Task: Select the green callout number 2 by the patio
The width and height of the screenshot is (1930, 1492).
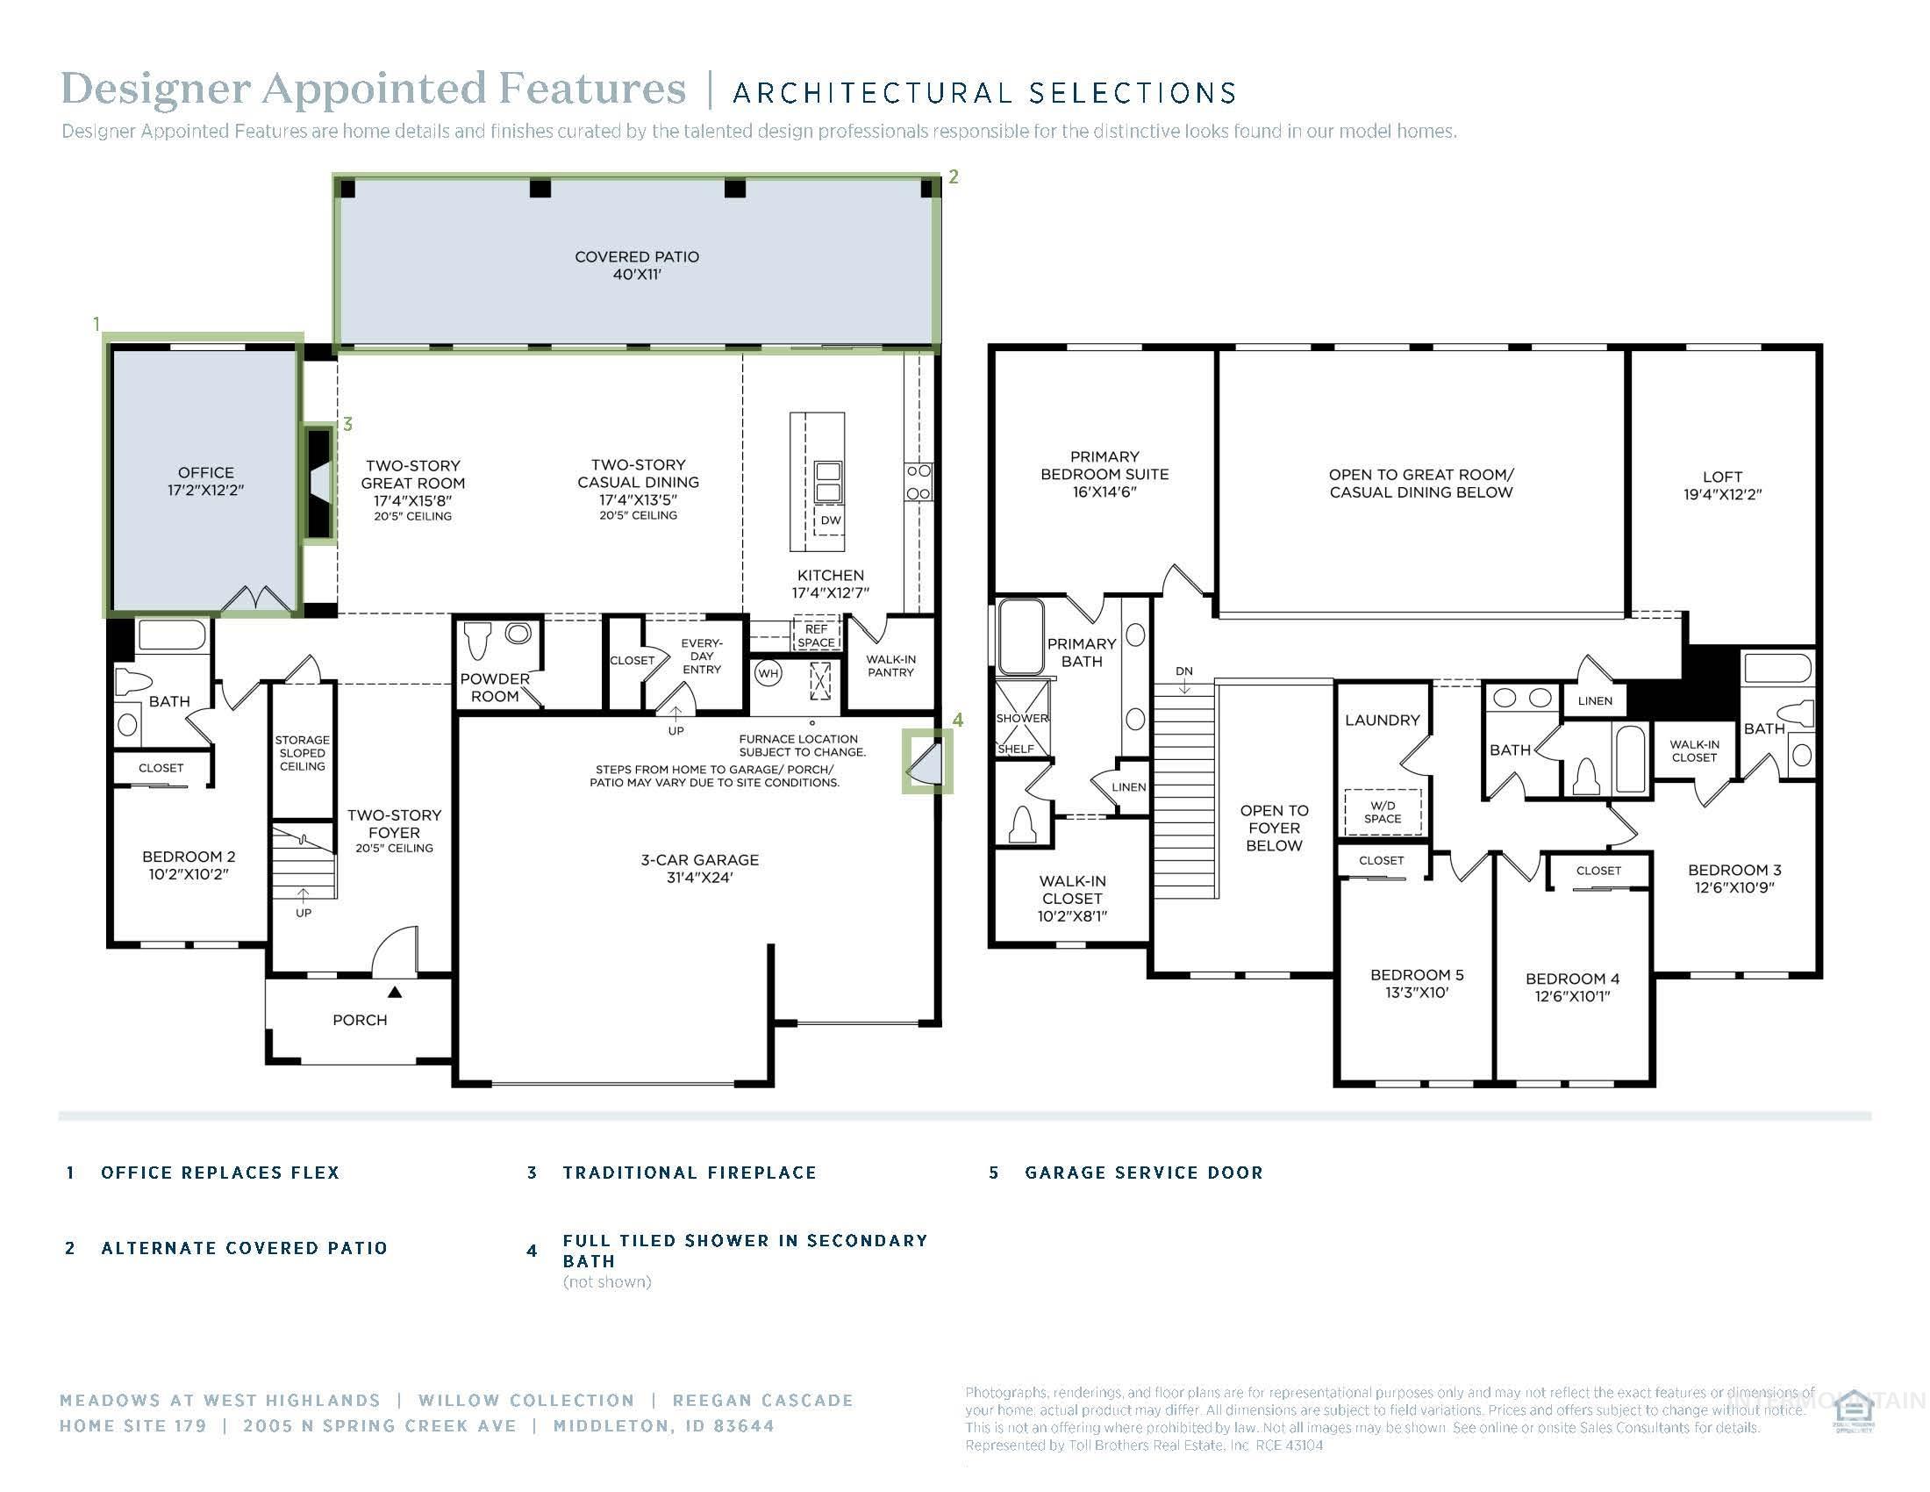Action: click(954, 176)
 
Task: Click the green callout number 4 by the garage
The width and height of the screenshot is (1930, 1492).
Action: click(958, 721)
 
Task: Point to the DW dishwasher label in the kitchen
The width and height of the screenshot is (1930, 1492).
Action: click(831, 520)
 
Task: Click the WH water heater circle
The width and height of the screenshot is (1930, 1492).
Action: click(768, 673)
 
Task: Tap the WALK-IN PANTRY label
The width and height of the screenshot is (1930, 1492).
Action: click(890, 665)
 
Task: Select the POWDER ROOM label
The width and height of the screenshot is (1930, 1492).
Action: click(494, 688)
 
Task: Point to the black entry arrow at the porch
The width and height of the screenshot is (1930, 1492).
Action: click(395, 993)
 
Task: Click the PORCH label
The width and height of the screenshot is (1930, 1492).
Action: click(360, 1020)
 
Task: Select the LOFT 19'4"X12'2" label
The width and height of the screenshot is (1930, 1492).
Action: click(1721, 485)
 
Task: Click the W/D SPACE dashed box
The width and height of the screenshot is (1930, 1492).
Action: click(1382, 812)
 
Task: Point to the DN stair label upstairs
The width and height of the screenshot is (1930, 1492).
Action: click(1184, 671)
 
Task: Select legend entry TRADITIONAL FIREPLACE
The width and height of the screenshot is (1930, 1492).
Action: click(690, 1173)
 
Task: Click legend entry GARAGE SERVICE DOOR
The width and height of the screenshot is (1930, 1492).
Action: click(1143, 1173)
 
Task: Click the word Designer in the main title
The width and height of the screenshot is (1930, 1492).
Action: click(154, 90)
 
